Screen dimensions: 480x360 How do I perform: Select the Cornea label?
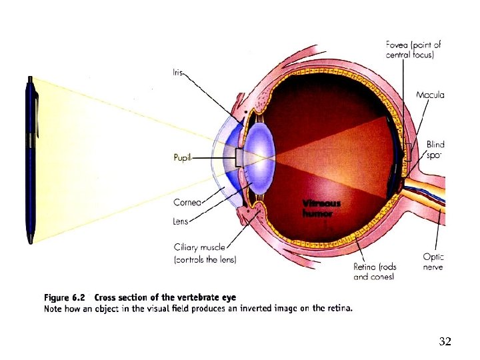coord(186,202)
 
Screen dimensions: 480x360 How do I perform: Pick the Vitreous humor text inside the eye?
coord(321,209)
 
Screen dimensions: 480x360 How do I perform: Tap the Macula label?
coord(430,95)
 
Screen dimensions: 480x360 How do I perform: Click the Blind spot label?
coord(435,149)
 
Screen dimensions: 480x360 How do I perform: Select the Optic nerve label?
coord(433,262)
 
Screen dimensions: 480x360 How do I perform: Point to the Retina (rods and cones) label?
coord(374,271)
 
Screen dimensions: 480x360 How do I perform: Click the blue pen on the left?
coord(29,160)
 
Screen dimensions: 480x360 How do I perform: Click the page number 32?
coord(445,342)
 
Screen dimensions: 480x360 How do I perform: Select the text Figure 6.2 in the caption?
coord(65,297)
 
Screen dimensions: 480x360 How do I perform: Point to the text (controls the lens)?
coord(205,259)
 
